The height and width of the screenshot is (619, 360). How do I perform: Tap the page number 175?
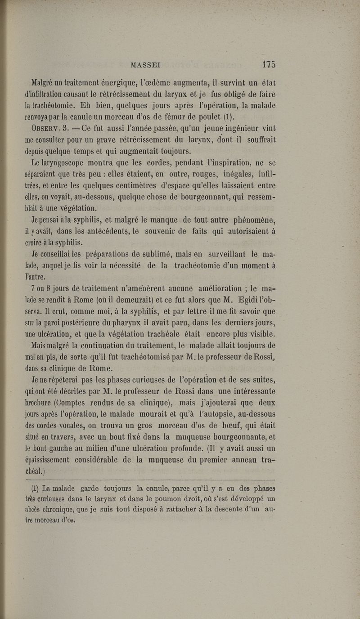268,64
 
